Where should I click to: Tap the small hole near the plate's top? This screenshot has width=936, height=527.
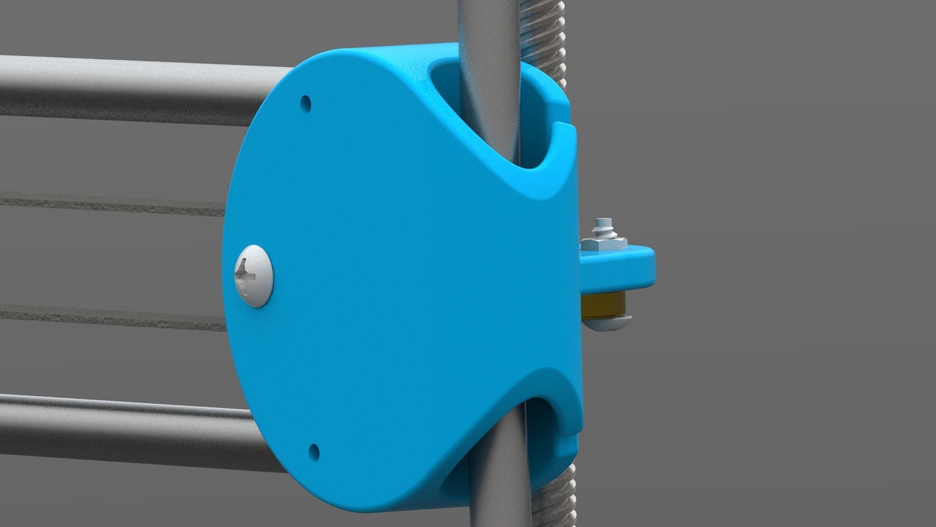pos(306,103)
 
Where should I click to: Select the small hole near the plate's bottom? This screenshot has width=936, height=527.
pos(314,449)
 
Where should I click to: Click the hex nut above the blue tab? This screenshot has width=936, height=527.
pos(604,243)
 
